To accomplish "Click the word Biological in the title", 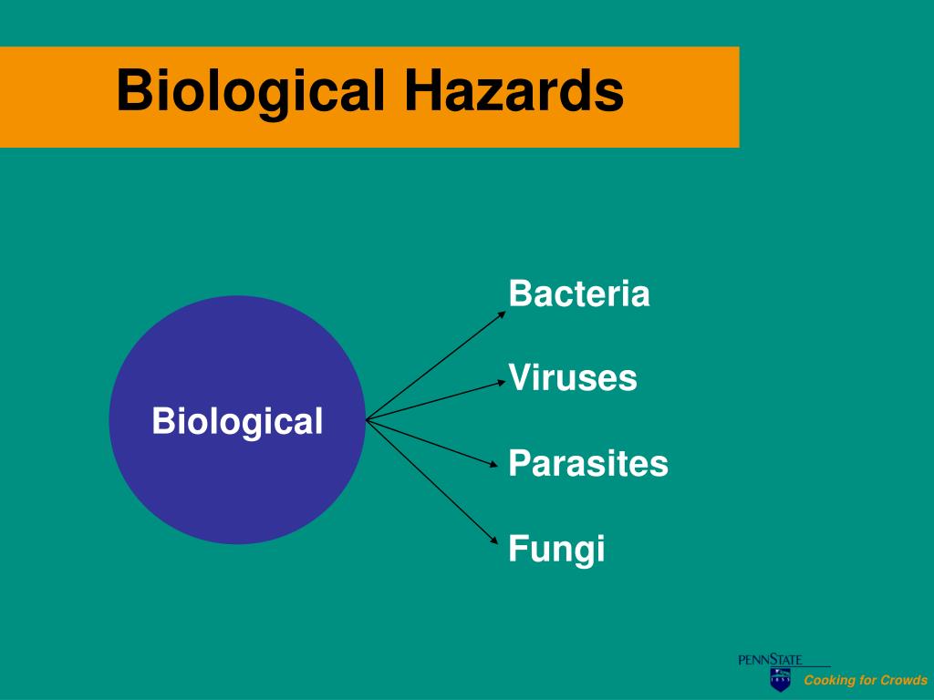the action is point(251,91).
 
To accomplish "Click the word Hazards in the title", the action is point(514,90).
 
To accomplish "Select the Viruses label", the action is point(573,377).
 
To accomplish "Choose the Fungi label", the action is point(556,549).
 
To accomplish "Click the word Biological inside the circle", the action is point(238,422).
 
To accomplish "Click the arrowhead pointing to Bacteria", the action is point(502,314).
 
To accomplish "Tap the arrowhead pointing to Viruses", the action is point(502,384).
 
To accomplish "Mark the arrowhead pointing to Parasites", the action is point(493,464).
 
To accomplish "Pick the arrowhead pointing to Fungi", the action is point(493,540).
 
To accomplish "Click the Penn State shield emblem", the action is point(781,679).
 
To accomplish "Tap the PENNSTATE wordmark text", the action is point(770,660).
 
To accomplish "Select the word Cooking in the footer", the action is point(825,680).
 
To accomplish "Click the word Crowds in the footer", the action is point(904,680).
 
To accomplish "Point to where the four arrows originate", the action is point(367,420).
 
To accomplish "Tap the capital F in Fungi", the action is point(518,548).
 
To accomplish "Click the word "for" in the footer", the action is point(864,680).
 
